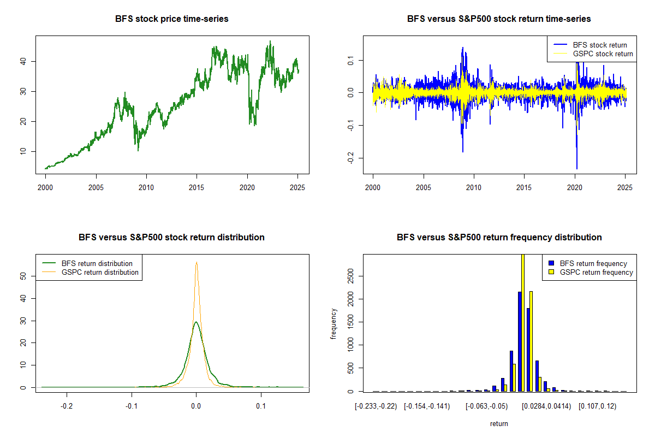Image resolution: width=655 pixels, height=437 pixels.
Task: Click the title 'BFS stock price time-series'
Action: click(x=171, y=19)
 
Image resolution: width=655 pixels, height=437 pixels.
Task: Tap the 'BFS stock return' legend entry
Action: click(x=599, y=45)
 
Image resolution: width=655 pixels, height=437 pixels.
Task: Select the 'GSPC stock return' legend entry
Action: click(x=603, y=54)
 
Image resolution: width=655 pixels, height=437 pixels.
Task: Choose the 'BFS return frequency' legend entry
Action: click(x=593, y=263)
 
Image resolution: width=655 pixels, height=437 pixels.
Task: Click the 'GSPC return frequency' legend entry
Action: click(x=596, y=272)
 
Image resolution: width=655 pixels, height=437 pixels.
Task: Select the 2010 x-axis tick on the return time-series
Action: click(x=474, y=187)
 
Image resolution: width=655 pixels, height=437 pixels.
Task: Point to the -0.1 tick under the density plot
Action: click(x=132, y=406)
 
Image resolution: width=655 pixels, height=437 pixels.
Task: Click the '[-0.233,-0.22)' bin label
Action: click(x=373, y=406)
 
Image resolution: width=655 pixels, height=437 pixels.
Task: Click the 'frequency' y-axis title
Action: click(x=334, y=324)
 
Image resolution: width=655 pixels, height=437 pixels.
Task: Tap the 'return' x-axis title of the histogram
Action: click(x=499, y=423)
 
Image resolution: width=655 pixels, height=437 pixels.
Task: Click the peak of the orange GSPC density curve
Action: click(x=196, y=262)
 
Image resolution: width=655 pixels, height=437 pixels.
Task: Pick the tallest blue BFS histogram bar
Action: click(x=520, y=341)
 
